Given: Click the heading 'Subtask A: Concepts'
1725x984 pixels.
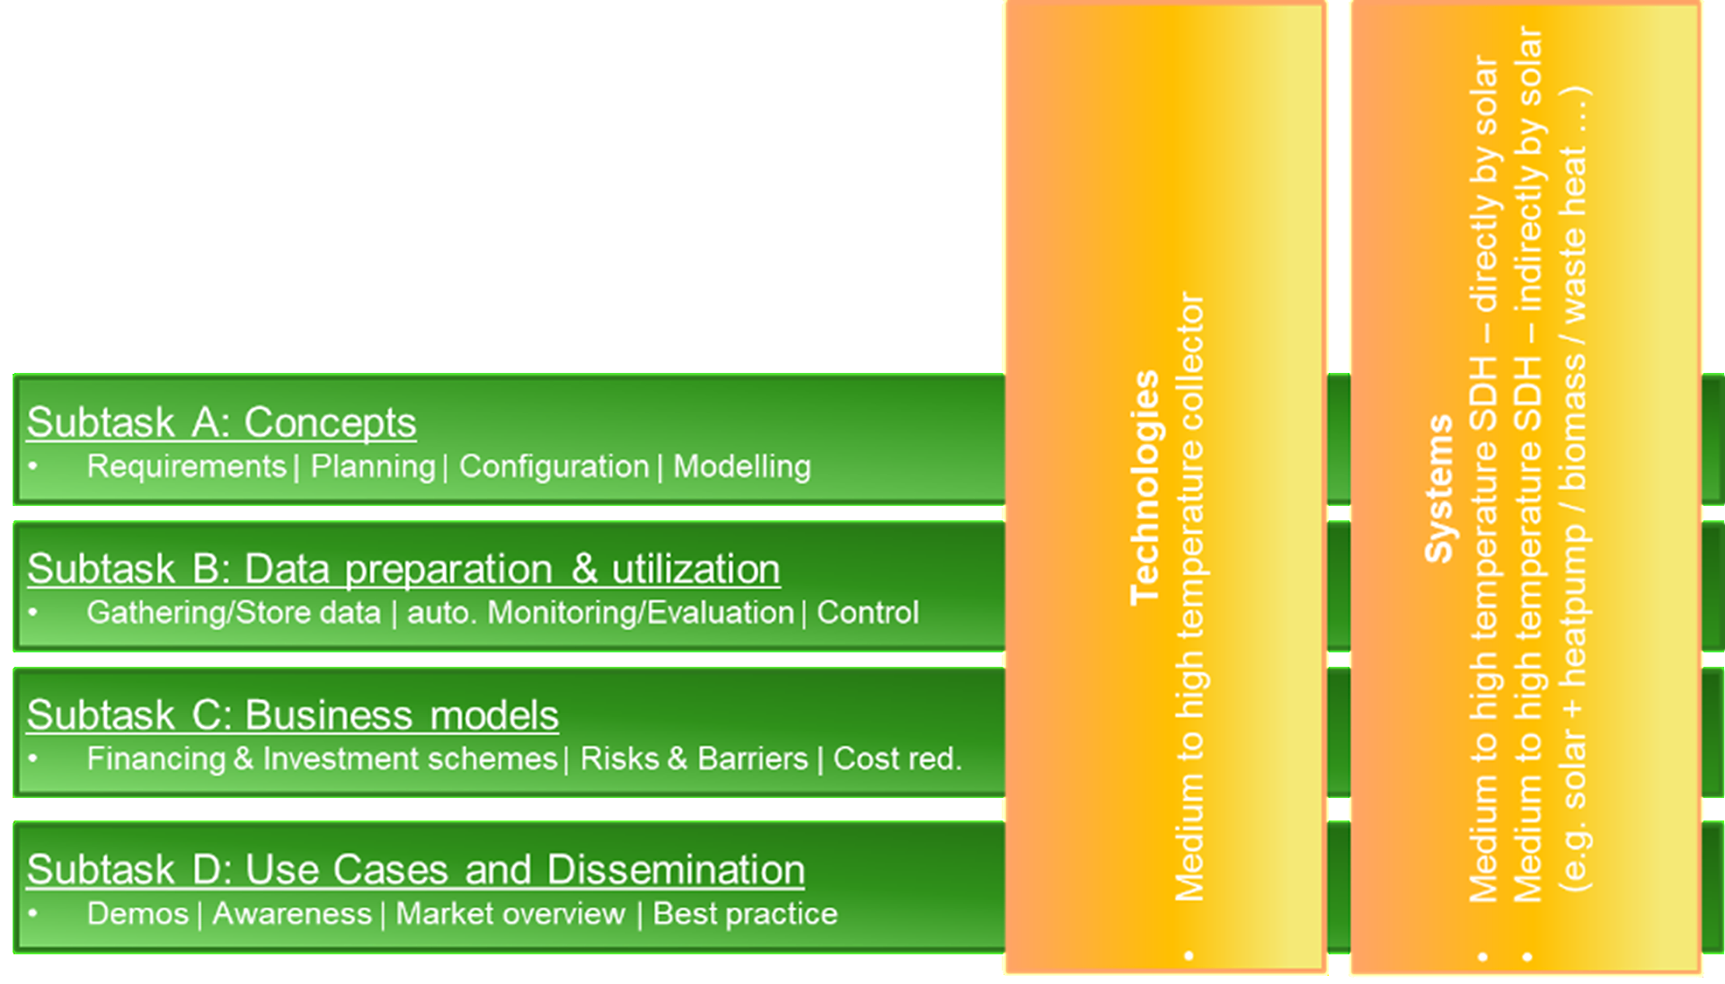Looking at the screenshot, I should (221, 422).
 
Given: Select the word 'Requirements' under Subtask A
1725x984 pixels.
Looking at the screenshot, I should (186, 466).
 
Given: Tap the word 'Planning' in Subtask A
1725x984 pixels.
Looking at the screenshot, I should (373, 466).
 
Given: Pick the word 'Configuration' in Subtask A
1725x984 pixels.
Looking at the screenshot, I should (553, 466).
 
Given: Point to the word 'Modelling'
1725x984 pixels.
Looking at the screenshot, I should (742, 466).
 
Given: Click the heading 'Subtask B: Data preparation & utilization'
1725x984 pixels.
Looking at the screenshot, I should (403, 569).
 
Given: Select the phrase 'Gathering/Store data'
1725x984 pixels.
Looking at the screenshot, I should (234, 613).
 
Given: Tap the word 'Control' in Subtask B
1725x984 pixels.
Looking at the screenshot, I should (867, 613).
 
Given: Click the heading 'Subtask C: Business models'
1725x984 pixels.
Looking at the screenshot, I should (292, 715).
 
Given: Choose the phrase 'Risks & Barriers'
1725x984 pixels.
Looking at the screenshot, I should (694, 759).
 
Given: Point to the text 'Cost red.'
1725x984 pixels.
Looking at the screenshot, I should (897, 759).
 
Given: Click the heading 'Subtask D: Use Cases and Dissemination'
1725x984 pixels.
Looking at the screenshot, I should (415, 870).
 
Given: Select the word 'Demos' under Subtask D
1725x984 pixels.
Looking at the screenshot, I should (137, 914).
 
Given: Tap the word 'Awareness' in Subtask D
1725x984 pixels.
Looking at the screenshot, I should (291, 914).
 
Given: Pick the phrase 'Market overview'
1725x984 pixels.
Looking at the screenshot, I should (510, 914).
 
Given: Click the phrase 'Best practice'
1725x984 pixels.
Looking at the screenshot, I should (745, 914).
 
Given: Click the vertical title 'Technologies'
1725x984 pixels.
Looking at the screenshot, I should (1145, 487).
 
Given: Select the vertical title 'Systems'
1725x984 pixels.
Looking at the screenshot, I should (1438, 489).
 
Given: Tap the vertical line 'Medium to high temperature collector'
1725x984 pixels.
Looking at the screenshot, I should (1190, 597).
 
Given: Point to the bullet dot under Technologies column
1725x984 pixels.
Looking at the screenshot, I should (1190, 955).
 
